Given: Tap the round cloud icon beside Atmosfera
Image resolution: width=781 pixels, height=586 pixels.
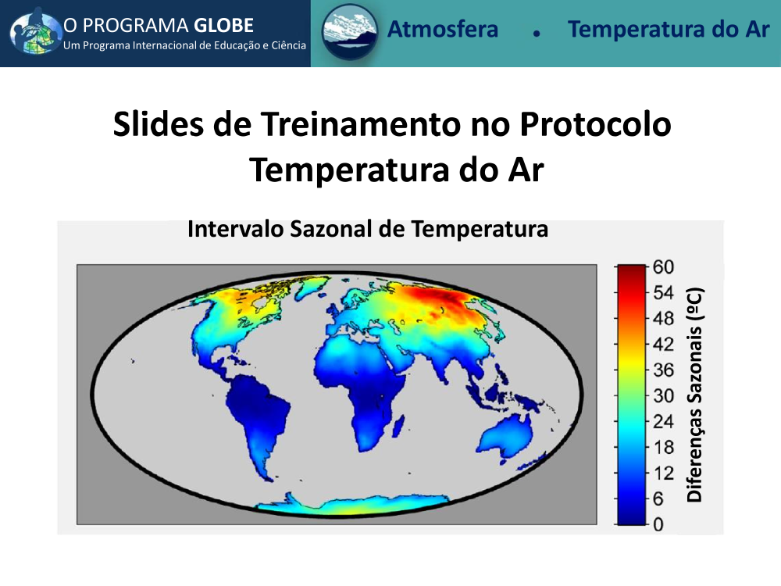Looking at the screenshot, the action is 350,31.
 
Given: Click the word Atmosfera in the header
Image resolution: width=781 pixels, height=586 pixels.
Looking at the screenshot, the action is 443,29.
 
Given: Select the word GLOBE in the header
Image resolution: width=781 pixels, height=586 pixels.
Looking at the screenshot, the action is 223,26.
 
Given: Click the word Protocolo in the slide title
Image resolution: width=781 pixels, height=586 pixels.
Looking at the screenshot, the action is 595,123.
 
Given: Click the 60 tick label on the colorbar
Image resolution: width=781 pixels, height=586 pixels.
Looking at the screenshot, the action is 663,267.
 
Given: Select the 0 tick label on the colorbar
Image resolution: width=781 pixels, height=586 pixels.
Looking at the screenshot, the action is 658,524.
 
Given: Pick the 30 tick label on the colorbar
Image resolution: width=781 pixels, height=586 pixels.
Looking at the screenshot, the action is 663,395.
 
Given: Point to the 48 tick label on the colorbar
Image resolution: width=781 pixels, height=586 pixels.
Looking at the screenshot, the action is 663,319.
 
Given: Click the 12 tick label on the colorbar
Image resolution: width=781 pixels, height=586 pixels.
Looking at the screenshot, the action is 663,473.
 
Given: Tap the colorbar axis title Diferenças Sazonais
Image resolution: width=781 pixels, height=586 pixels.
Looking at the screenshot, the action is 694,395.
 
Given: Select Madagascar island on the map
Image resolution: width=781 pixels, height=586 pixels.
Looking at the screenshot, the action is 398,428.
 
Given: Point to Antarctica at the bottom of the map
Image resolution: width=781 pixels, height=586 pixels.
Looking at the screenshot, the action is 348,504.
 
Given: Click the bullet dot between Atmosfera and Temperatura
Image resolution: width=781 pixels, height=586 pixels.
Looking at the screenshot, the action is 537,34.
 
